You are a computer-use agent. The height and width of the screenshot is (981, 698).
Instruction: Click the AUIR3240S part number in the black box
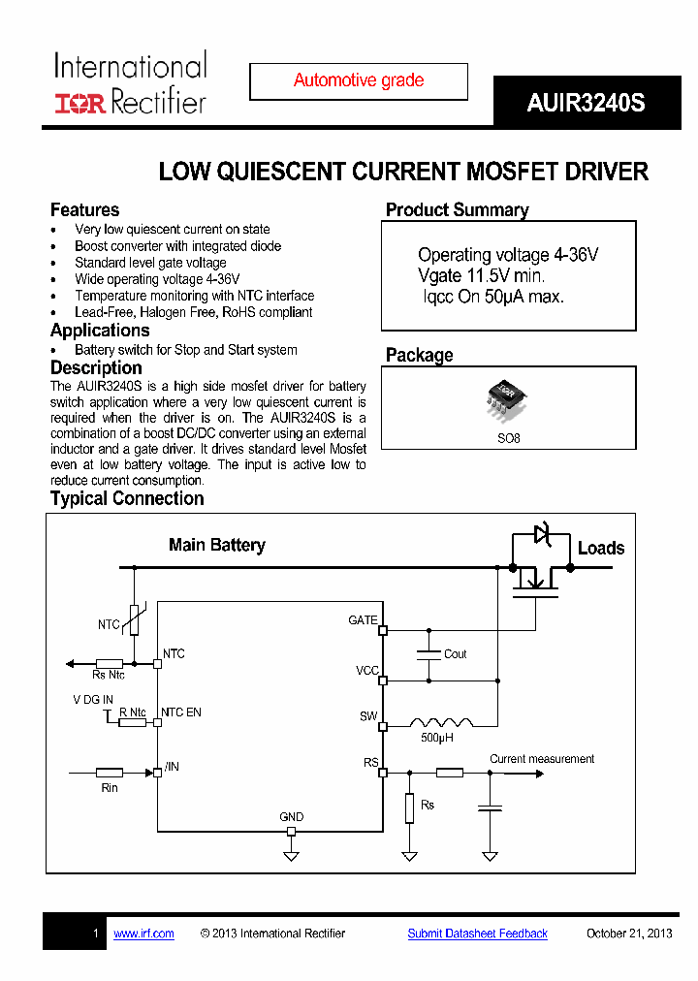(x=586, y=104)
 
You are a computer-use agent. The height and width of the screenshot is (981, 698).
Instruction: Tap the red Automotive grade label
(x=359, y=80)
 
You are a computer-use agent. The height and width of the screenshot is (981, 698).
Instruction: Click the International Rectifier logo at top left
(x=130, y=84)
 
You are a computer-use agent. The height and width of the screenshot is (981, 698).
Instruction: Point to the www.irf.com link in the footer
(x=143, y=934)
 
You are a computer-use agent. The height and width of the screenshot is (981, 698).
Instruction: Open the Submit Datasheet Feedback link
(x=477, y=934)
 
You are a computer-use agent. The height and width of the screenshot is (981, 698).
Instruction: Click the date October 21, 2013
(x=629, y=934)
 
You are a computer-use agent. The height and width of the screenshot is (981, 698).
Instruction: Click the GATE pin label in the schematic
(x=363, y=620)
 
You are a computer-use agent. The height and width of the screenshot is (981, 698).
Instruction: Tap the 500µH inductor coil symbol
(x=441, y=723)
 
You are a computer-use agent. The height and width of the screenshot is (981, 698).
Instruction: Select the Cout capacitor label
(x=456, y=654)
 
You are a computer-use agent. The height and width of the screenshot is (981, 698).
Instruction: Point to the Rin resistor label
(x=110, y=788)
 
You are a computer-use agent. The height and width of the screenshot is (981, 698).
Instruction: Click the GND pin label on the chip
(x=291, y=817)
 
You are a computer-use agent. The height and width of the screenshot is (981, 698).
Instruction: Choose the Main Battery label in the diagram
(x=216, y=545)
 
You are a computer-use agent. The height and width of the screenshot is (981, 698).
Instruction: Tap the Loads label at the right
(x=601, y=549)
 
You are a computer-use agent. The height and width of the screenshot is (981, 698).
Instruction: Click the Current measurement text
(x=542, y=759)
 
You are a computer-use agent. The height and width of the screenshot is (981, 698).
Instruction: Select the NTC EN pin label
(x=181, y=712)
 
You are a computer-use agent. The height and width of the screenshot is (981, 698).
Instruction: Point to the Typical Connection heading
(x=127, y=498)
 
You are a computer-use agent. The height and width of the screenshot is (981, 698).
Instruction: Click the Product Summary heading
(x=458, y=210)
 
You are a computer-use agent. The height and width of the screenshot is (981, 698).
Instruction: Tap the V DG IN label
(x=93, y=699)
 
